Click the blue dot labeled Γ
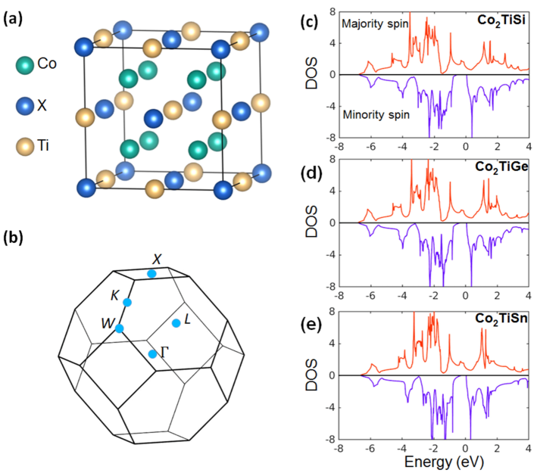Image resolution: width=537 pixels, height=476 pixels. [x=152, y=353]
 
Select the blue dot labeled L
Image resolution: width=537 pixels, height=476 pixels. [x=176, y=323]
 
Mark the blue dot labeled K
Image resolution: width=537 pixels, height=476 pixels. [x=127, y=303]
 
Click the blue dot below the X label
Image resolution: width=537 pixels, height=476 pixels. [x=152, y=273]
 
